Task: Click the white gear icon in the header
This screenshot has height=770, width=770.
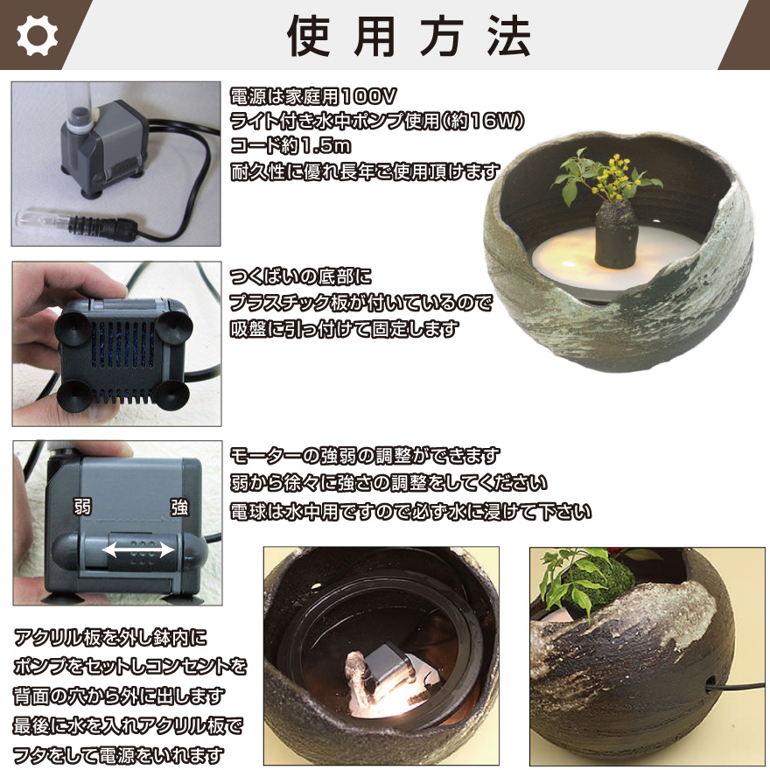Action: pyautogui.click(x=37, y=35)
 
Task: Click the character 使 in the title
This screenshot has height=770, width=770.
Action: pyautogui.click(x=308, y=36)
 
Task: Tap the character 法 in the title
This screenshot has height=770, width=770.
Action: pyautogui.click(x=508, y=36)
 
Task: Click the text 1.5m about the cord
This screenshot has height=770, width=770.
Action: pyautogui.click(x=325, y=146)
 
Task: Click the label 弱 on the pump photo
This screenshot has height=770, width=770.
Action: pyautogui.click(x=82, y=507)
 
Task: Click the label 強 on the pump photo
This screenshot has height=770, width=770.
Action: pyautogui.click(x=179, y=507)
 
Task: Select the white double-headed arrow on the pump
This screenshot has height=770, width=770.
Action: pyautogui.click(x=138, y=549)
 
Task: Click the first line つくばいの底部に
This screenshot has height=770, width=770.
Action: pyautogui.click(x=300, y=277)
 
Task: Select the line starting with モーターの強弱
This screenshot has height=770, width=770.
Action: pyautogui.click(x=365, y=456)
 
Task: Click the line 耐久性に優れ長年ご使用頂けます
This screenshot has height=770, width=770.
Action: pyautogui.click(x=365, y=171)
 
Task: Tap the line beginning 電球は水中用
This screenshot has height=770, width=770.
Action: pyautogui.click(x=410, y=512)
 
